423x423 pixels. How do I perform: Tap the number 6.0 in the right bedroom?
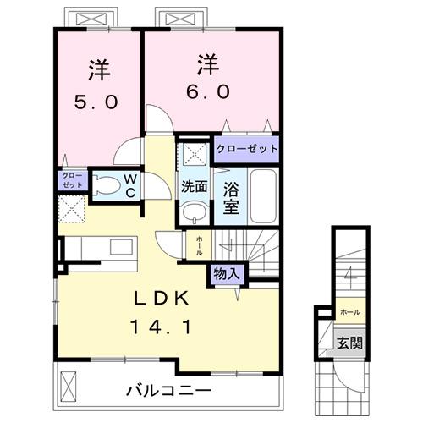point(202,92)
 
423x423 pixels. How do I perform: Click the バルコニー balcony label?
point(169,391)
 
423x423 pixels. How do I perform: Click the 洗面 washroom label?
point(194,186)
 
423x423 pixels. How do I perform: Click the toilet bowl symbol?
point(106,185)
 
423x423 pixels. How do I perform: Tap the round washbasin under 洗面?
point(194,211)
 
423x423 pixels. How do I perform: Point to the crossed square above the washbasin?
point(194,155)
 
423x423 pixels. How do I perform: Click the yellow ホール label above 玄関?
point(349,312)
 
